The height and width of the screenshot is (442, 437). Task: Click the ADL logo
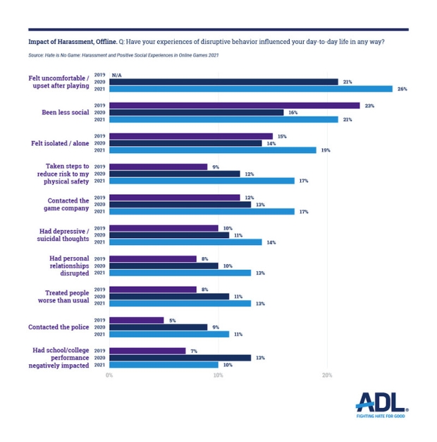point(381,402)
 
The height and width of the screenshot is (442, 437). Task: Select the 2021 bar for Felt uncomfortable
point(250,89)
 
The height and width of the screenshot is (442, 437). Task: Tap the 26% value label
point(402,89)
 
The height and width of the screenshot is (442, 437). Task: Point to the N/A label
point(116,74)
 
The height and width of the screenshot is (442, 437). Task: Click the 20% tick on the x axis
point(327,375)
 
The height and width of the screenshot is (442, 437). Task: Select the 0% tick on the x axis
point(109,375)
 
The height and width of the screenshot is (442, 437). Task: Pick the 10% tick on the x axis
point(218,375)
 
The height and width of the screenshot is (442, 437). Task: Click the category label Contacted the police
point(59,327)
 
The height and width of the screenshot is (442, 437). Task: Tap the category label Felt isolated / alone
point(60,143)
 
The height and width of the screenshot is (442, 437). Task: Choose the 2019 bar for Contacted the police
point(136,320)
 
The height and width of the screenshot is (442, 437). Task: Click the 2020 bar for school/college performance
point(180,357)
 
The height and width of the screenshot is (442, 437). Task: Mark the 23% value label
point(369,105)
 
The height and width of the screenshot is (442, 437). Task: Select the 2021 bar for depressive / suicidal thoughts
point(185,242)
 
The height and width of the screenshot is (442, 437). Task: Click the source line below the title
point(123,54)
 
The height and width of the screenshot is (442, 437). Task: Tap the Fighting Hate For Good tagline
point(381,416)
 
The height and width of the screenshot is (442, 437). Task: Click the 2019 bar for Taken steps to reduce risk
point(158,167)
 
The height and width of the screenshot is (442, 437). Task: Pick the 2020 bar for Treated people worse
point(169,297)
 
